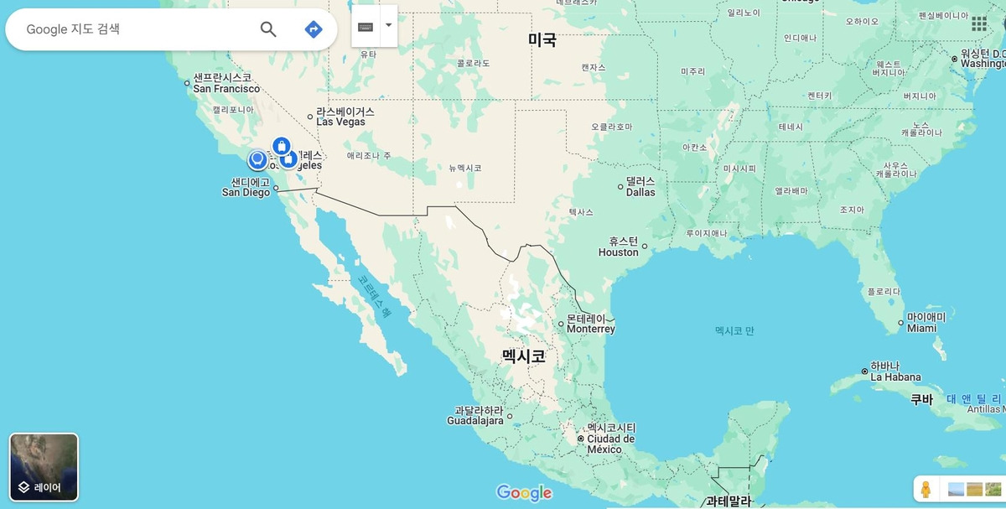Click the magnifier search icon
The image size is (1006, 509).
tap(268, 29)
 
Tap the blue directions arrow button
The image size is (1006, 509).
tap(314, 29)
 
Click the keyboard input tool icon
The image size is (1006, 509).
tap(366, 26)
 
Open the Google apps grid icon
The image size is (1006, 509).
tap(979, 24)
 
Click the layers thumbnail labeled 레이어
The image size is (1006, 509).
tap(44, 467)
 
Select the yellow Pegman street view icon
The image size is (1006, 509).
tap(926, 489)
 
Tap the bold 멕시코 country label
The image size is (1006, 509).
tap(524, 356)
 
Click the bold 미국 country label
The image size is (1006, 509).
tap(542, 39)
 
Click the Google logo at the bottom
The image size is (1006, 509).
tap(524, 493)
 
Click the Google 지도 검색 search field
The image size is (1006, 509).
tap(134, 29)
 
